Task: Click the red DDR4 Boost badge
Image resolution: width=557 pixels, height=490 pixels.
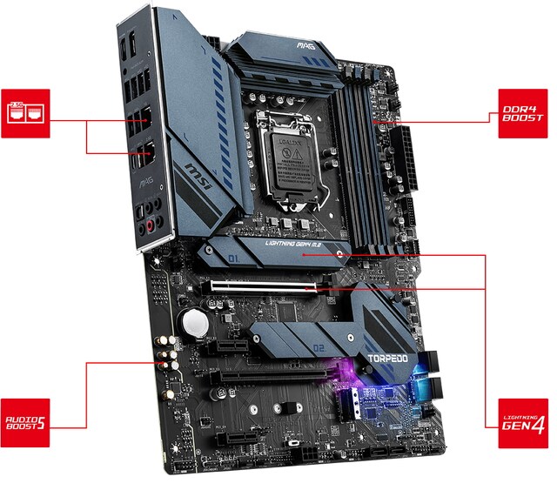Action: [x=524, y=114]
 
